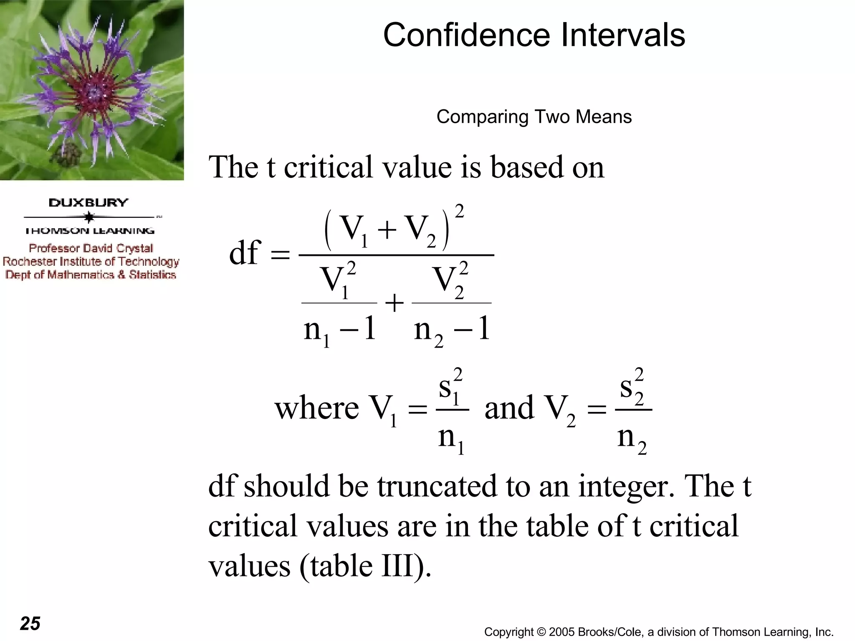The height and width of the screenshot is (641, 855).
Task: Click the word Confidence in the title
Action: click(x=468, y=35)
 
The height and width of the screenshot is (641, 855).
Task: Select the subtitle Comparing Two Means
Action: click(x=534, y=117)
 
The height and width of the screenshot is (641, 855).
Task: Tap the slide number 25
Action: click(x=30, y=623)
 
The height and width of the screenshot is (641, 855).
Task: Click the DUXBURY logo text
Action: click(x=89, y=203)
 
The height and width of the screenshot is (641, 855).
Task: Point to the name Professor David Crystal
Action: click(x=91, y=248)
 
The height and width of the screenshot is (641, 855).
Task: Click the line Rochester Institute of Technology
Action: click(x=91, y=262)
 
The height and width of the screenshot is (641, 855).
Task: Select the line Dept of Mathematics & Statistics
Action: click(x=91, y=275)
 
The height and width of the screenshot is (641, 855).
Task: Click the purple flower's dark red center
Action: click(x=95, y=91)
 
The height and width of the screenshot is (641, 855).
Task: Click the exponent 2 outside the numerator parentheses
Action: click(x=459, y=212)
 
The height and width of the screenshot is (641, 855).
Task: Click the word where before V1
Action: click(x=316, y=408)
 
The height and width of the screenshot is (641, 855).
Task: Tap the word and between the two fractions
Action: click(x=509, y=408)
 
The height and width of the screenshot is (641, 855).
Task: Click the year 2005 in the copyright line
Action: click(x=562, y=632)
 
